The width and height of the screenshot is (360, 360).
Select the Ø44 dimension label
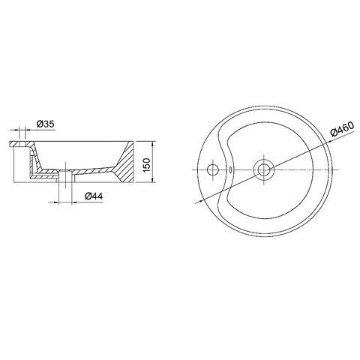coord(94,196)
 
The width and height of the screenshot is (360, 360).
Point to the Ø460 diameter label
coord(342,131)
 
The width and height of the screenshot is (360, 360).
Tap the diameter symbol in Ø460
coord(334,136)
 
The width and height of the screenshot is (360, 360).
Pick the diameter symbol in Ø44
coord(87,196)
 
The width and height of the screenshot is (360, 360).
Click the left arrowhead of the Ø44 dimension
coord(60,201)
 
